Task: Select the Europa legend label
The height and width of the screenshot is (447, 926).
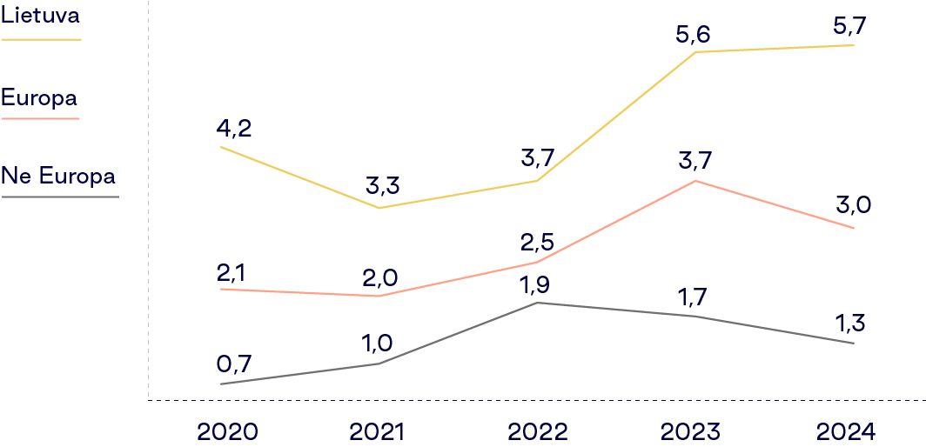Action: [x=38, y=97]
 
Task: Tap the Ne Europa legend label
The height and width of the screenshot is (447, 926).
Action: [x=58, y=177]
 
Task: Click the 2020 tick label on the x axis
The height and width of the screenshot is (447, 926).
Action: [x=227, y=431]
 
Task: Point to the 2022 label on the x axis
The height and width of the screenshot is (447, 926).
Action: [x=537, y=431]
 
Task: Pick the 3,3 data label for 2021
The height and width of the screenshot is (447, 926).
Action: [x=383, y=186]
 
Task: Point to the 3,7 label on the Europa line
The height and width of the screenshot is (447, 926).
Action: [x=694, y=162]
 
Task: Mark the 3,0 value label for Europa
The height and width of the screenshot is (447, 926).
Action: [x=853, y=206]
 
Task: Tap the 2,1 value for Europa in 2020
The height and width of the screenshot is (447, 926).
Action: [x=231, y=272]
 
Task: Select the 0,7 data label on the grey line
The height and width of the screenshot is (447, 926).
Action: [x=233, y=364]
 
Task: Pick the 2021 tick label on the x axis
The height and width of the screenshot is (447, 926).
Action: [x=380, y=431]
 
